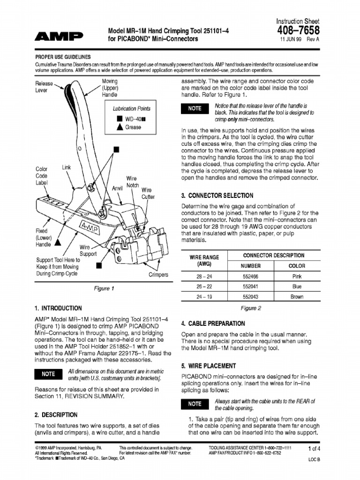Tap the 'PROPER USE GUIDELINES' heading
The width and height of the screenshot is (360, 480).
pyautogui.click(x=63, y=57)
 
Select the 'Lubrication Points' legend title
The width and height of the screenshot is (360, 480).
pyautogui.click(x=131, y=109)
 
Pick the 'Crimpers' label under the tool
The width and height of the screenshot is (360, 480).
pyautogui.click(x=158, y=275)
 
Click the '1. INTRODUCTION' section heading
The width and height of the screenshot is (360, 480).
pyautogui.click(x=58, y=308)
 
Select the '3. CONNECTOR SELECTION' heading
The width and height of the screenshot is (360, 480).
pyautogui.click(x=217, y=195)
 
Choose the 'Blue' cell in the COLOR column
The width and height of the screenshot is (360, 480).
pyautogui.click(x=297, y=286)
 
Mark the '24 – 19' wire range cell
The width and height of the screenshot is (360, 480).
pyautogui.click(x=204, y=297)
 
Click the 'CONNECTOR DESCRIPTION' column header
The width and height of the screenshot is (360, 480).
pyautogui.click(x=274, y=255)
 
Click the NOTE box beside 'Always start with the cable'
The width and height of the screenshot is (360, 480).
pyautogui.click(x=195, y=404)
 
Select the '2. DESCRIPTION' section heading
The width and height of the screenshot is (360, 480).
pyautogui.click(x=56, y=415)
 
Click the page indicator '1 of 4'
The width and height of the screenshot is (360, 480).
pyautogui.click(x=313, y=449)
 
